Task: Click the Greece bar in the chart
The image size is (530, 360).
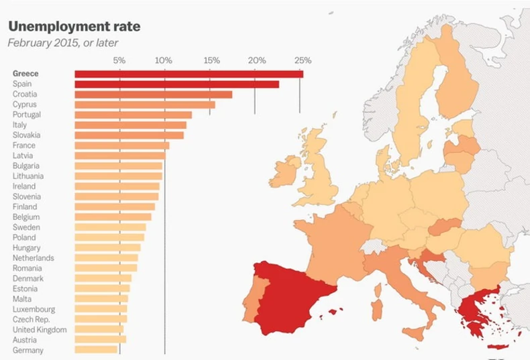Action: pos(189,74)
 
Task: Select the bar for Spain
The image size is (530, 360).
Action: pos(176,84)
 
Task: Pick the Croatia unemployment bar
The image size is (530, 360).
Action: pos(153,95)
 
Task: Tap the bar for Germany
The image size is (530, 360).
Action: pos(96,350)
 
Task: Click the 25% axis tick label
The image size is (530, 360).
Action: pos(302,60)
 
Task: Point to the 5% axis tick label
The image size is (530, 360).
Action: pos(119,60)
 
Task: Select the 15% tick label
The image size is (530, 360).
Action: pos(211,60)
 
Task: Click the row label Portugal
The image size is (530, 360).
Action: pos(27,115)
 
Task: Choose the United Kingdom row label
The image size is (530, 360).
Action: pos(40,330)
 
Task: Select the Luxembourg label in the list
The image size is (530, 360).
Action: pos(34,310)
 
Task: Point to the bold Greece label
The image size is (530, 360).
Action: pos(25,74)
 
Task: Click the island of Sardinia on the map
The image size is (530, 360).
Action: pos(377,308)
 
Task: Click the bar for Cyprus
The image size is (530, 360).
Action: pos(145,105)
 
